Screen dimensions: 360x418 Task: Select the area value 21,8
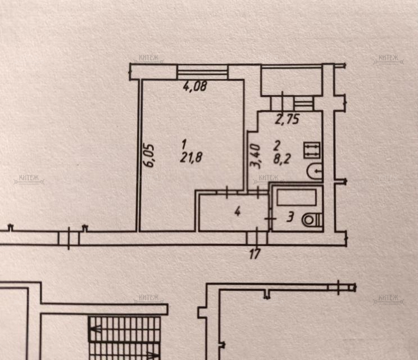pyautogui.click(x=192, y=157)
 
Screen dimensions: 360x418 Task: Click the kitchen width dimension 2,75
pyautogui.click(x=287, y=119)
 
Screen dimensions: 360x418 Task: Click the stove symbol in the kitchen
pyautogui.click(x=311, y=150)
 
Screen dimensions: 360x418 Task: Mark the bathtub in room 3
pyautogui.click(x=297, y=197)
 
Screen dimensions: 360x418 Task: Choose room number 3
pyautogui.click(x=290, y=217)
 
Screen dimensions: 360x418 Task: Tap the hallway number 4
pyautogui.click(x=238, y=212)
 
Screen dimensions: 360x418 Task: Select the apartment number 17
pyautogui.click(x=255, y=254)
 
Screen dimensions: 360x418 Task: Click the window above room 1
pyautogui.click(x=202, y=72)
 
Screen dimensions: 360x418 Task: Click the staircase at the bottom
pyautogui.click(x=125, y=337)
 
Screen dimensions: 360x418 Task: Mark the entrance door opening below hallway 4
pyautogui.click(x=258, y=237)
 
